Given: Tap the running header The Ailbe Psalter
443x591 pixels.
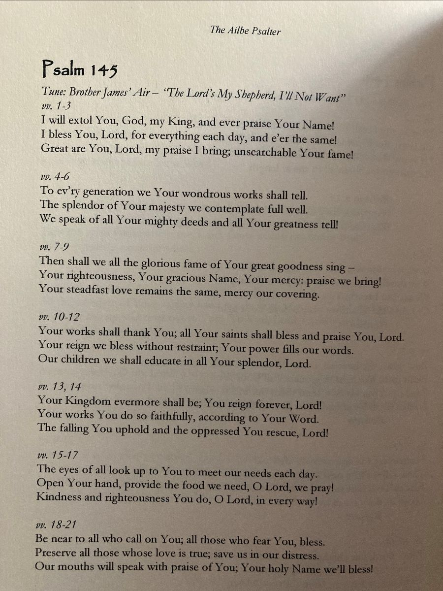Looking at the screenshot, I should click(245, 31).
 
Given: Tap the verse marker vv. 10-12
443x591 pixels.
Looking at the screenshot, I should click(59, 316).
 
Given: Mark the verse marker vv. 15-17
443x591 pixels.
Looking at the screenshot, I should click(58, 455).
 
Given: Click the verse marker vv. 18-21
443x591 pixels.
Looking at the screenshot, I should click(57, 525).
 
